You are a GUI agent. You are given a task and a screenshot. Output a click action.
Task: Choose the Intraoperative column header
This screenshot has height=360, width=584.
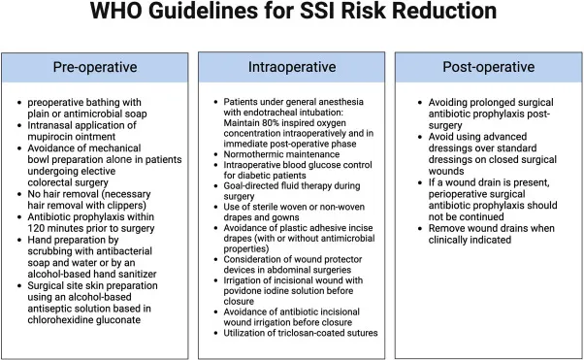[x=290, y=68]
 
